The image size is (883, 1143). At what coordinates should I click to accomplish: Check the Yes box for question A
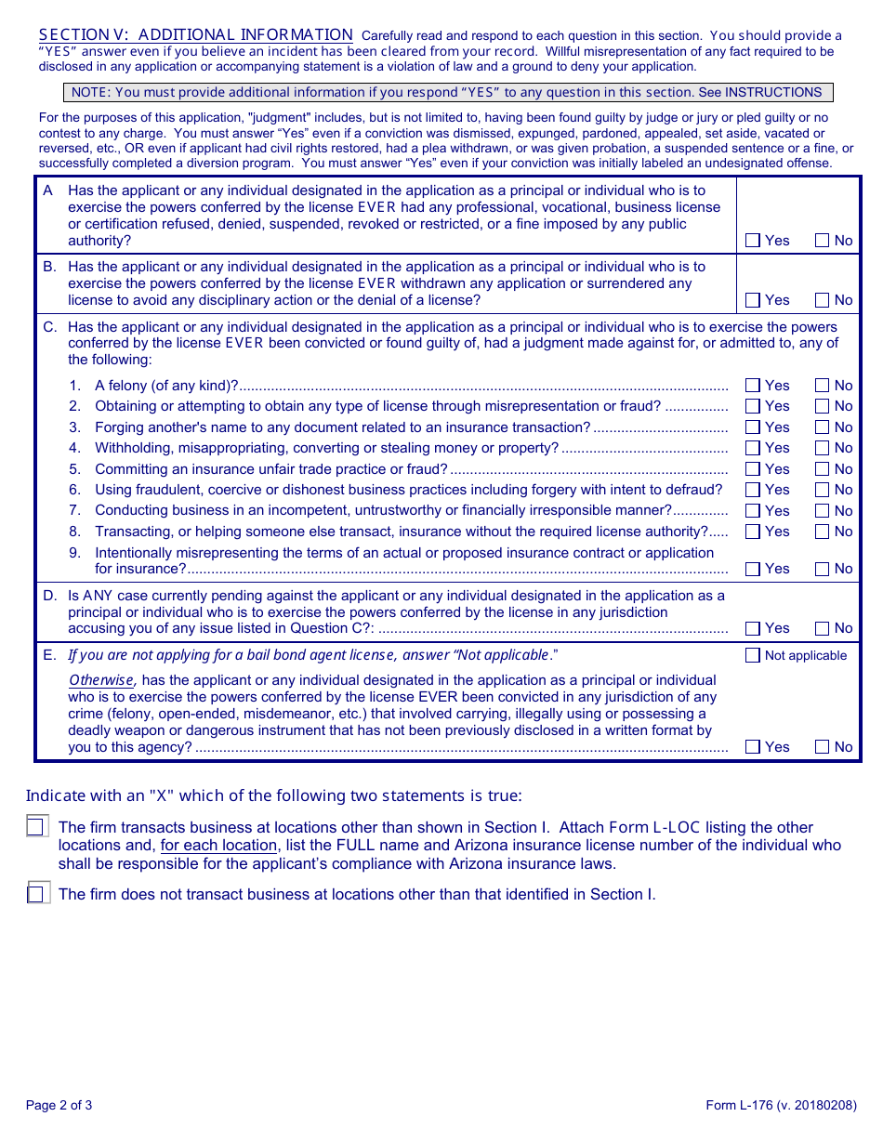(753, 241)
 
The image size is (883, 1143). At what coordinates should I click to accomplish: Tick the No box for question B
(823, 300)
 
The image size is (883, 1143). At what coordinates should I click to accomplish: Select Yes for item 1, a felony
(753, 386)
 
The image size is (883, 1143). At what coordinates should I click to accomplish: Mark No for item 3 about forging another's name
(823, 427)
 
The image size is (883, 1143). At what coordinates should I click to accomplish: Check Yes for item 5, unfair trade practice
(753, 469)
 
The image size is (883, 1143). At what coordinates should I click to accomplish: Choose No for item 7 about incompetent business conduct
(823, 511)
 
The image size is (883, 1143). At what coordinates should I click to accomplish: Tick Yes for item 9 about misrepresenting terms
(753, 569)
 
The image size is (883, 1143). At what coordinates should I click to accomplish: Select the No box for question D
(823, 628)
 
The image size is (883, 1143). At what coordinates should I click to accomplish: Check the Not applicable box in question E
(753, 655)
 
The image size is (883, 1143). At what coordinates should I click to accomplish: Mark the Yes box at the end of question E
(753, 746)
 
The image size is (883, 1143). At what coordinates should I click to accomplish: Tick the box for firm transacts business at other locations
(36, 826)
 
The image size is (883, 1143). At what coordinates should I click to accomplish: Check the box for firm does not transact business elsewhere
(36, 893)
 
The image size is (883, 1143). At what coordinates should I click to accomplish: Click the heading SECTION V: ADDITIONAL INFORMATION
(196, 34)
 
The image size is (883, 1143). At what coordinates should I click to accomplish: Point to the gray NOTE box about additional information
(447, 92)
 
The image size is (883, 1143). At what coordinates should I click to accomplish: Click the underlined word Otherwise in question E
(101, 680)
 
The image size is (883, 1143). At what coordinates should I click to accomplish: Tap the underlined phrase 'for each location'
(218, 845)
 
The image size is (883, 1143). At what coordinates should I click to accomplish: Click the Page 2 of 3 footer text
(59, 1105)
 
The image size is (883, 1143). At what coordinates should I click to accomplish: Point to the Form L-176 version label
(781, 1105)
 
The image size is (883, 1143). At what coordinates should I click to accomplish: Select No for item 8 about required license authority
(823, 532)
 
